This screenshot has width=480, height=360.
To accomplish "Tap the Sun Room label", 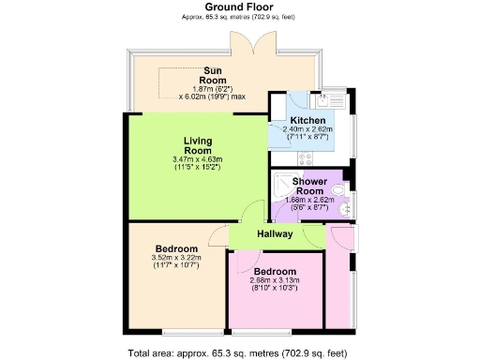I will pos(212,76).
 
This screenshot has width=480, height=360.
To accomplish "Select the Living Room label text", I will pos(198,146).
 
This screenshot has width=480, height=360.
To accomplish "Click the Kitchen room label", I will pos(307,121).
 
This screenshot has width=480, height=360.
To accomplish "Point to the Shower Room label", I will pos(308,187).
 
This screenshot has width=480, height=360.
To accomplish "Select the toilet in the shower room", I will pos(341,195).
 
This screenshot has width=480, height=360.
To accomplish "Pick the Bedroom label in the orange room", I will pos(177,248).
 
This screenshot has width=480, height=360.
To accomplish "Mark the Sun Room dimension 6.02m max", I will pos(212,95).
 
